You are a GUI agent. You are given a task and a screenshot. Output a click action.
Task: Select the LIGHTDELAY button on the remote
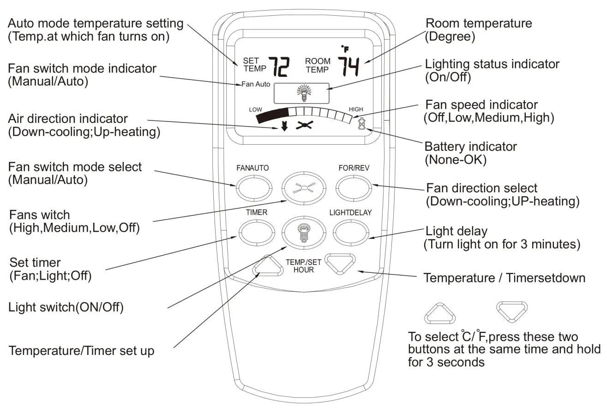[350, 232]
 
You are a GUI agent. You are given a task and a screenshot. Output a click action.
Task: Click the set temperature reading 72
[279, 67]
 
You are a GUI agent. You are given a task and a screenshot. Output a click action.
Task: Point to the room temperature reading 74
[349, 67]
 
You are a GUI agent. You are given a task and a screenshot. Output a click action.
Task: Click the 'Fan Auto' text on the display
[256, 85]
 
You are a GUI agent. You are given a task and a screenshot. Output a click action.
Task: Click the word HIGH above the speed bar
[356, 110]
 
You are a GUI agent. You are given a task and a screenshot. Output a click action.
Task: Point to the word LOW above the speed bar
[255, 110]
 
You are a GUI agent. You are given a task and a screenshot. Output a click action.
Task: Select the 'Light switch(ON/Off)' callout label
[66, 307]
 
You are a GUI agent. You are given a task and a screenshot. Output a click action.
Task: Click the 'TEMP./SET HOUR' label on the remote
[303, 266]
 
